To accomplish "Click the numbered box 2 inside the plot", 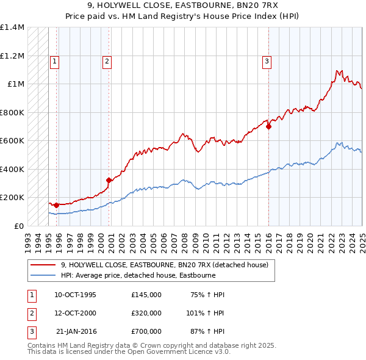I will (107, 60).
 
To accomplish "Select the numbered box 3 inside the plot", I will (267, 60).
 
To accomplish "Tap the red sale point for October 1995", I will (56, 205).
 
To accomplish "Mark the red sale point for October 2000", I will (109, 180).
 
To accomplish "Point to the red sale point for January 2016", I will (268, 127).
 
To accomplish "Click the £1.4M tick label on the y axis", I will (12, 27).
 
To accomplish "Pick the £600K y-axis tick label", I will (12, 141).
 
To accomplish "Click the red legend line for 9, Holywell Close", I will (43, 265).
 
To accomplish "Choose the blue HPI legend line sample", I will (43, 275).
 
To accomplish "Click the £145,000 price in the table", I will (146, 295).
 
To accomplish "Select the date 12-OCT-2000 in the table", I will (76, 313).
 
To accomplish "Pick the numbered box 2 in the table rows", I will (30, 313).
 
